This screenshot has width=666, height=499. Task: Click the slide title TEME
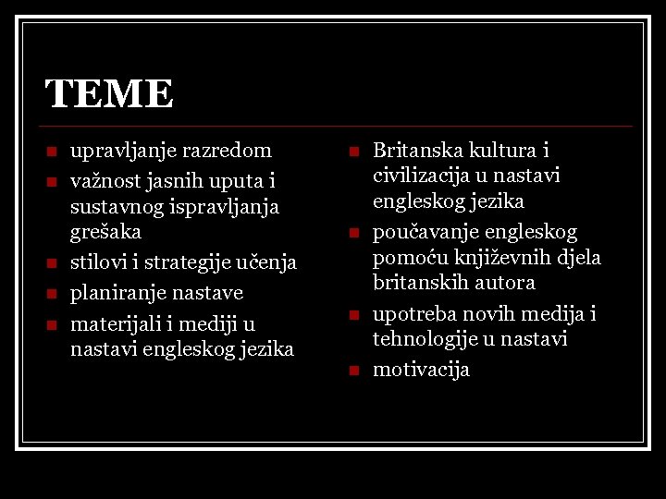click(109, 94)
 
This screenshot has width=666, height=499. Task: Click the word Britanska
click(413, 150)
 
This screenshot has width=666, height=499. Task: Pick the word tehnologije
click(427, 339)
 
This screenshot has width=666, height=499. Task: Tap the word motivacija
click(421, 370)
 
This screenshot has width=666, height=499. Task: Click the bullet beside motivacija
click(352, 371)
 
